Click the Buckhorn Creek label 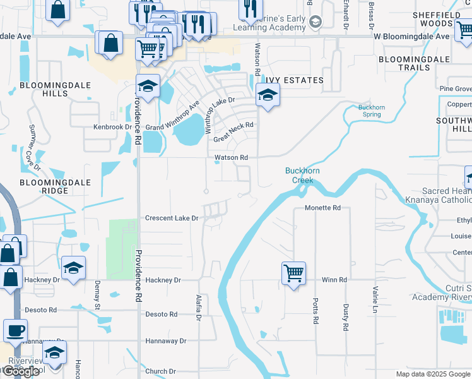pos(298,175)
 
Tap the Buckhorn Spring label pos(372,111)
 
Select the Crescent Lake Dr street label pos(172,218)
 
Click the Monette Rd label pos(322,207)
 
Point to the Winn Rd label pos(334,280)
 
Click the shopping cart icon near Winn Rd pos(293,274)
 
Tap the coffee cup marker pos(15,330)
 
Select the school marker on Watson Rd pos(268,96)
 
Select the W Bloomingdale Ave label pos(412,36)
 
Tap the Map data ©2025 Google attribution pos(432,374)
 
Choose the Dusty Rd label pos(346,317)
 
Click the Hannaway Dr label pos(165,340)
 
